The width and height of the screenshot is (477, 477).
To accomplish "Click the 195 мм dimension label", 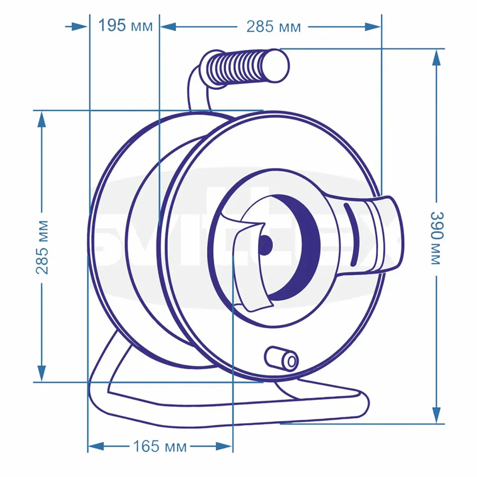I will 125,26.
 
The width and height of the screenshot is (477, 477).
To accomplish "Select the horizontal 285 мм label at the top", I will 273,27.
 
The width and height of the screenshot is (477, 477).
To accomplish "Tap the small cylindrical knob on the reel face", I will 282,358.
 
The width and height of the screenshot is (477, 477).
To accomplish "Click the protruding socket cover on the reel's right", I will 377,236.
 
